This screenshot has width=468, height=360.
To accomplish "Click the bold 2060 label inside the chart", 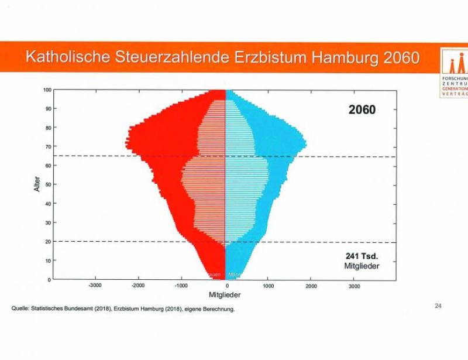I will click(362, 109).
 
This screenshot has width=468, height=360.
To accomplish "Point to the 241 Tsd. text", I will click(362, 256).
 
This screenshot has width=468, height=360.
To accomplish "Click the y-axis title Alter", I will click(37, 184).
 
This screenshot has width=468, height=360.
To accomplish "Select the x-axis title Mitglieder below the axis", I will click(225, 295).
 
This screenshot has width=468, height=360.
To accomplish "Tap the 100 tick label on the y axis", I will click(47, 90).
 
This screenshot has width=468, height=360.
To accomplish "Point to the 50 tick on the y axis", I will click(49, 184).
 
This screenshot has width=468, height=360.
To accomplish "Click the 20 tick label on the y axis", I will click(49, 241).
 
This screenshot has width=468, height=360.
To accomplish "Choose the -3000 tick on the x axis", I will click(95, 286).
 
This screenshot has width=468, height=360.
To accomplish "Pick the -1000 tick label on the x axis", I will click(181, 286).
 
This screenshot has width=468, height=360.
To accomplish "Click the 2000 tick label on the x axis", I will click(311, 286).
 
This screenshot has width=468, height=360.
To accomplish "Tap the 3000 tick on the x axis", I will click(354, 286).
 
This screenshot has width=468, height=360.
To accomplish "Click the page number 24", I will click(439, 305).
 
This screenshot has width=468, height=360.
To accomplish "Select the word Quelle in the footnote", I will click(20, 309).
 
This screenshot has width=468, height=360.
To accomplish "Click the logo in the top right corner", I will click(454, 73).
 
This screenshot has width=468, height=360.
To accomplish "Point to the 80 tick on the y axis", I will click(49, 128).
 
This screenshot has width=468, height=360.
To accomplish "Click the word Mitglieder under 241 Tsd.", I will click(362, 266).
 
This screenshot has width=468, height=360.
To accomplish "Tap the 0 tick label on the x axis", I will click(226, 286).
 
